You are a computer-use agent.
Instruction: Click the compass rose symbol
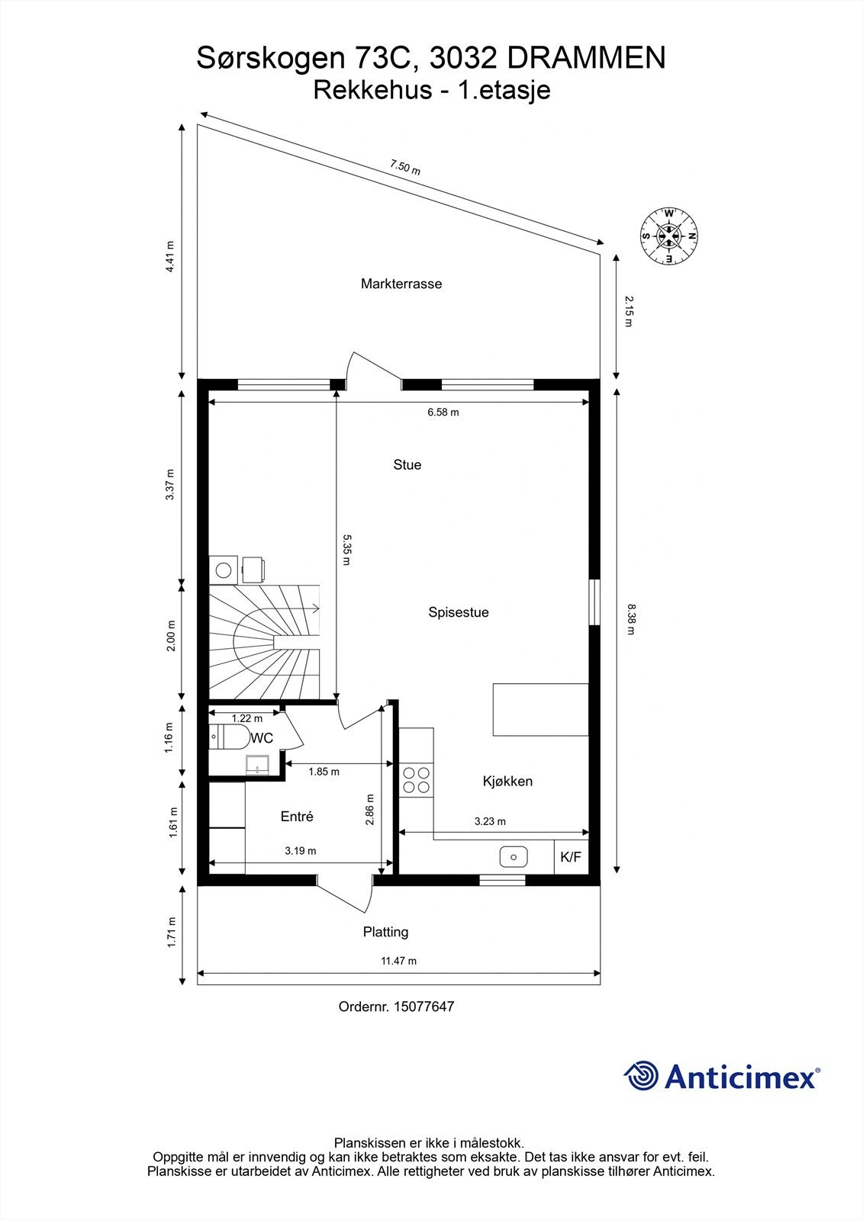[669, 236]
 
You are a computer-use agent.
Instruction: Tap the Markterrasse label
[401, 284]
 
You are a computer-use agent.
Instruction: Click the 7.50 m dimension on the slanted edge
[405, 167]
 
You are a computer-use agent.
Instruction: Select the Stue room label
[407, 464]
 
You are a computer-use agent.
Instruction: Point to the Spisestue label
[458, 612]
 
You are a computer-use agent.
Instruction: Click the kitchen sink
[514, 857]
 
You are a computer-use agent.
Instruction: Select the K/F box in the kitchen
[571, 857]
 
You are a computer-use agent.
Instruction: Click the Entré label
[297, 816]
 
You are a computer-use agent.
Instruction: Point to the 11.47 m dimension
[398, 961]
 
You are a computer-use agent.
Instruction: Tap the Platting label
[385, 932]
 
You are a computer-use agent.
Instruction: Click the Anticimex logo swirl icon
[642, 1076]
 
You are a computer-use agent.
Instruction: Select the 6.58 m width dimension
[443, 413]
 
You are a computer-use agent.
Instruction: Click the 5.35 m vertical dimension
[346, 549]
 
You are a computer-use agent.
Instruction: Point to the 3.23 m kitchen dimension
[490, 821]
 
